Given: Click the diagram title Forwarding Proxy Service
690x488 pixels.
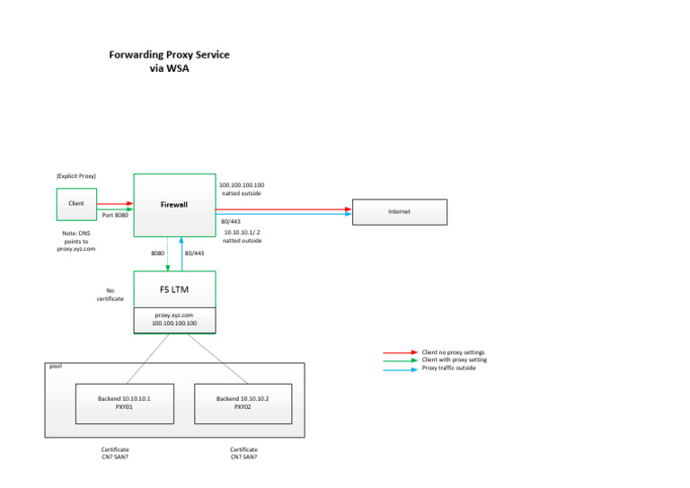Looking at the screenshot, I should pos(169,55).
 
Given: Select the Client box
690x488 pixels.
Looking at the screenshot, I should pos(76,204).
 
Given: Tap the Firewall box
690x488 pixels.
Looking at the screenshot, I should pos(173,205).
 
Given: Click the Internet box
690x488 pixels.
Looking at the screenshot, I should pos(399,211).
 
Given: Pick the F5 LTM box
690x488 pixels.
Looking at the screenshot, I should pos(173,289).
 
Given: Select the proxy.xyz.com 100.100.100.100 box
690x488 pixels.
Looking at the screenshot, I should pos(173,319).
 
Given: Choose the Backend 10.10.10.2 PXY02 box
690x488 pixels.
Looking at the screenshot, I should pos(242,402).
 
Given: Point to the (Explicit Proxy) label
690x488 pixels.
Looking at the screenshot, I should pos(76,175).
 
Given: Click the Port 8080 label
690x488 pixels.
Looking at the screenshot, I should pos(115,216).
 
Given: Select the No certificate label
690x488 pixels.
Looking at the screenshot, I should pos(110,294).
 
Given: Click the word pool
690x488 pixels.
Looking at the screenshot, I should pos(56,367).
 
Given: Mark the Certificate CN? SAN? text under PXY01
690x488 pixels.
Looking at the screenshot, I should pos(115,453).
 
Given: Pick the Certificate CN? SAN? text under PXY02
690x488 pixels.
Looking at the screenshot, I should pos(243,453).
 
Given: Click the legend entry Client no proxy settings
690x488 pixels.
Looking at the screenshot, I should pos(455,352).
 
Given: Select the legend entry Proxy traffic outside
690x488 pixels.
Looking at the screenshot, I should pos(449,368).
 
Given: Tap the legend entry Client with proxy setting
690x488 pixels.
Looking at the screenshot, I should pos(455,360).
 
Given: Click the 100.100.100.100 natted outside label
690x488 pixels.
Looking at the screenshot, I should pos(242,189).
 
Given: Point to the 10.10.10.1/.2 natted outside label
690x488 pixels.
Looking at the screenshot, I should pos(242,236).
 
